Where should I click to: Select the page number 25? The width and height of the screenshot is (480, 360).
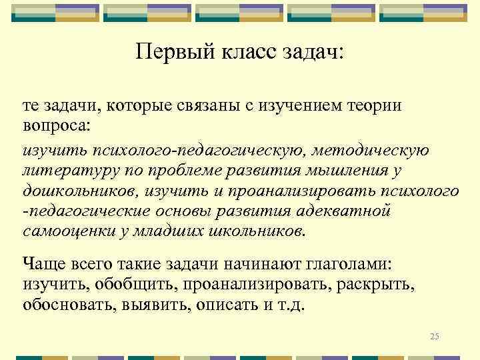click(435, 335)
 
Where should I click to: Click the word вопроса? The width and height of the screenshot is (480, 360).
click(59, 125)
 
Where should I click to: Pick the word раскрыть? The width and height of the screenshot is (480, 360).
click(375, 285)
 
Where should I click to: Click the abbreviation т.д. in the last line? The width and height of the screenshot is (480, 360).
click(292, 305)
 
